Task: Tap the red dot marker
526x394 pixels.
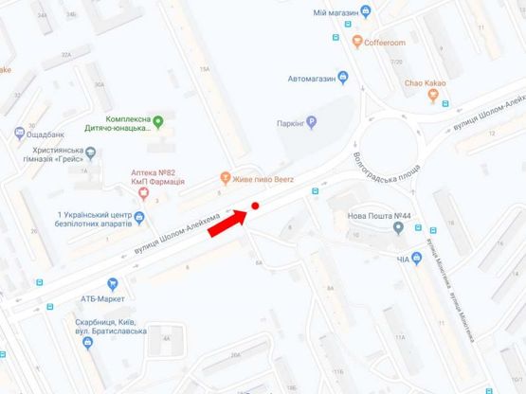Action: [x=256, y=206]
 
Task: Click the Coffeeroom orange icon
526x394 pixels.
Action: [x=356, y=42]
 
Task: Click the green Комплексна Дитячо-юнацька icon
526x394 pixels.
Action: [x=158, y=120]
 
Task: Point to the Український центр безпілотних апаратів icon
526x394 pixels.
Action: [x=140, y=219]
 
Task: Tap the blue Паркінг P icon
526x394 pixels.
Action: [x=311, y=122]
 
